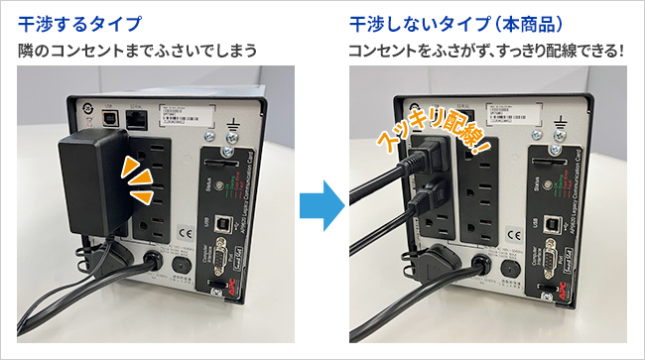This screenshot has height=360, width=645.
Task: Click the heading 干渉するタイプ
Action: pos(79,21)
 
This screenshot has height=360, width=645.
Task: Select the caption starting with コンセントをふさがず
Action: pos(484,49)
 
